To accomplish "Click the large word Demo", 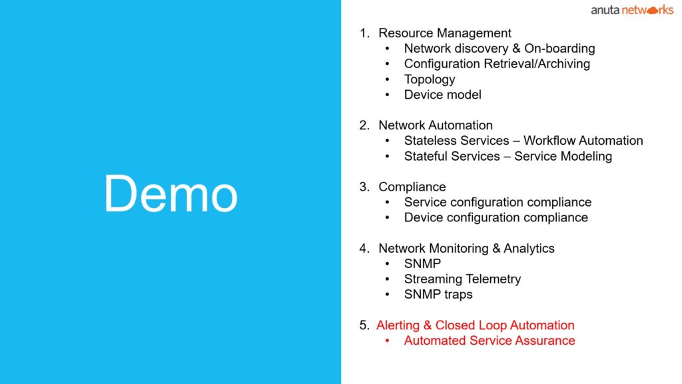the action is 171,193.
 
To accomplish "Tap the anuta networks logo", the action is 632,10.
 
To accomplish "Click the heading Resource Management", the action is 444,33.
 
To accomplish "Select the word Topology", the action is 430,79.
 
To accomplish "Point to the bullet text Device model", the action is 442,95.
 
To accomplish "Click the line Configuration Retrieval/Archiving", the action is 497,63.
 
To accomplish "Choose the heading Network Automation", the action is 436,125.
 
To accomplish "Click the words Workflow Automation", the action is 583,141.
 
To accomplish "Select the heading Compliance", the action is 412,187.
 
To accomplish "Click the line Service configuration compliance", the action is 498,202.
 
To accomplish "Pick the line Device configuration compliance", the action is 496,217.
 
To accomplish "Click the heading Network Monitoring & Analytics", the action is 466,248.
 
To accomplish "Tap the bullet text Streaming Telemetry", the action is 462,279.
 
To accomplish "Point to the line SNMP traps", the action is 438,294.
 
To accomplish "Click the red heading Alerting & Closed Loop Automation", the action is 475,325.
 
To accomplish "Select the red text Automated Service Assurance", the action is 490,341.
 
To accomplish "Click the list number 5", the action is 364,325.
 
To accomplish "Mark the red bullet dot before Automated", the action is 387,341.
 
